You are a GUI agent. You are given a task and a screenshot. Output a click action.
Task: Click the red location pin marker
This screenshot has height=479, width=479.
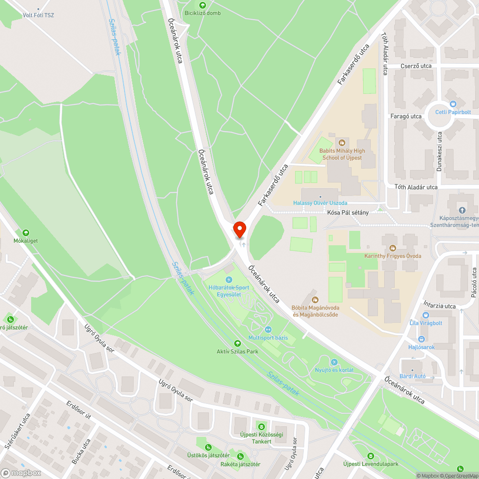[239, 229]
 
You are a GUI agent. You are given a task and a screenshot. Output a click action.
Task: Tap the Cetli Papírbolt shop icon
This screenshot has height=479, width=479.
[453, 103]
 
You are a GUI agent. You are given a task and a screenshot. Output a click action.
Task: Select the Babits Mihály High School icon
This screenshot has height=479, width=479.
[342, 142]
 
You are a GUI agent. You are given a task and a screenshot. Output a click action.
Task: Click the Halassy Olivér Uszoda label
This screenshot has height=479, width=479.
[320, 203]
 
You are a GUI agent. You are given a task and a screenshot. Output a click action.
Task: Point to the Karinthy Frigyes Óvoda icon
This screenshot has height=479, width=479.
[392, 248]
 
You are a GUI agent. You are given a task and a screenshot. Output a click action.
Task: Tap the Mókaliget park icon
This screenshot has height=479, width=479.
[25, 232]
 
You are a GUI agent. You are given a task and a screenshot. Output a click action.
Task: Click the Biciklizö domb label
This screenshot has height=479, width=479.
[203, 13]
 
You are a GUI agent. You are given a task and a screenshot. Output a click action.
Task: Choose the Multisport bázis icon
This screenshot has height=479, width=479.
[268, 329]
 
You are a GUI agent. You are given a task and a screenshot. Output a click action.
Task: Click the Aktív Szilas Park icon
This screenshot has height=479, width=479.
[237, 343]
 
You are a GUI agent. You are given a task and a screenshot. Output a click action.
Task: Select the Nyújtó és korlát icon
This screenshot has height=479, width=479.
[334, 362]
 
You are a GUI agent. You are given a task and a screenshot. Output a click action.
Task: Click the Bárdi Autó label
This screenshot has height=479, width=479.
[413, 376]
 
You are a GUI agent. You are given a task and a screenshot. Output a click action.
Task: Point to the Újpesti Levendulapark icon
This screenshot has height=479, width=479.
[370, 456]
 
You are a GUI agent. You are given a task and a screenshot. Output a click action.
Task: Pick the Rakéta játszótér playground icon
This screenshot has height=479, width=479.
[240, 456]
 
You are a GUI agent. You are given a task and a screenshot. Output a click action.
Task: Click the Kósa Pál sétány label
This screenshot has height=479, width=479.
[348, 213]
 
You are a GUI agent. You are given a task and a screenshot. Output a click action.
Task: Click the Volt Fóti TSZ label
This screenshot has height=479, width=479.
[38, 15]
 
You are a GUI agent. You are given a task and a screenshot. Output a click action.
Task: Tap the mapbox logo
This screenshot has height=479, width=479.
[21, 473]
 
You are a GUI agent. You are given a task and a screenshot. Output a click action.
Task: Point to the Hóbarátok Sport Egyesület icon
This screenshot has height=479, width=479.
[229, 280]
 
